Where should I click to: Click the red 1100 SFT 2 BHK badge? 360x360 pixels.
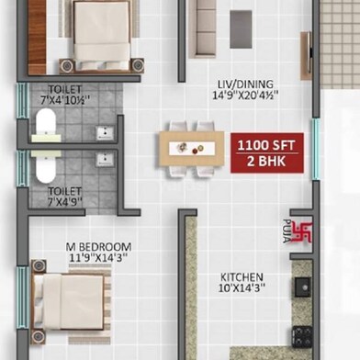[x=267, y=152]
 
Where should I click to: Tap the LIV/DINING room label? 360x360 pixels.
[x=245, y=84]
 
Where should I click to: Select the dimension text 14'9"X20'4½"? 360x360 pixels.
[x=245, y=95]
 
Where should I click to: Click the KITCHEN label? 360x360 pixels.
[x=242, y=277]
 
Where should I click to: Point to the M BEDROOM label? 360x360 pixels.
[x=98, y=247]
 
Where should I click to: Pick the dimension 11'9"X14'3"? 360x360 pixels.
[x=98, y=257]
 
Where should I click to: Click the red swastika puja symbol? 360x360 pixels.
[x=302, y=232]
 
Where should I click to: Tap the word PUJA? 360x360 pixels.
[x=287, y=231]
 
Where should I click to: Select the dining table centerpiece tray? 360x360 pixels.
[x=192, y=149]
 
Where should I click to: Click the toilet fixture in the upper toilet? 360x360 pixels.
[x=46, y=126]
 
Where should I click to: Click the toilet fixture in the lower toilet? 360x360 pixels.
[x=46, y=166]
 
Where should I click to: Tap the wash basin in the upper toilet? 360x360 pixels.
[x=105, y=133]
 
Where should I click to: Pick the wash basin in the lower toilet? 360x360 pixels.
[x=105, y=159]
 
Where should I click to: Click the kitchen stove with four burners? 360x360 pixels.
[x=302, y=337]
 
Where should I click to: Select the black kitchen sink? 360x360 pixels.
[x=303, y=287]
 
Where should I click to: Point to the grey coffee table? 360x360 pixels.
[x=241, y=29]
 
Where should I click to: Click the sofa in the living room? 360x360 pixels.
[x=203, y=29]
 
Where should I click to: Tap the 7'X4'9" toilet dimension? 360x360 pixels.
[x=65, y=197]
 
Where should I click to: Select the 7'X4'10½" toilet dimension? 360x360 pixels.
[x=65, y=95]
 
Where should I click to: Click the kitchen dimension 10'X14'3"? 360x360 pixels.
[x=242, y=288]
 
